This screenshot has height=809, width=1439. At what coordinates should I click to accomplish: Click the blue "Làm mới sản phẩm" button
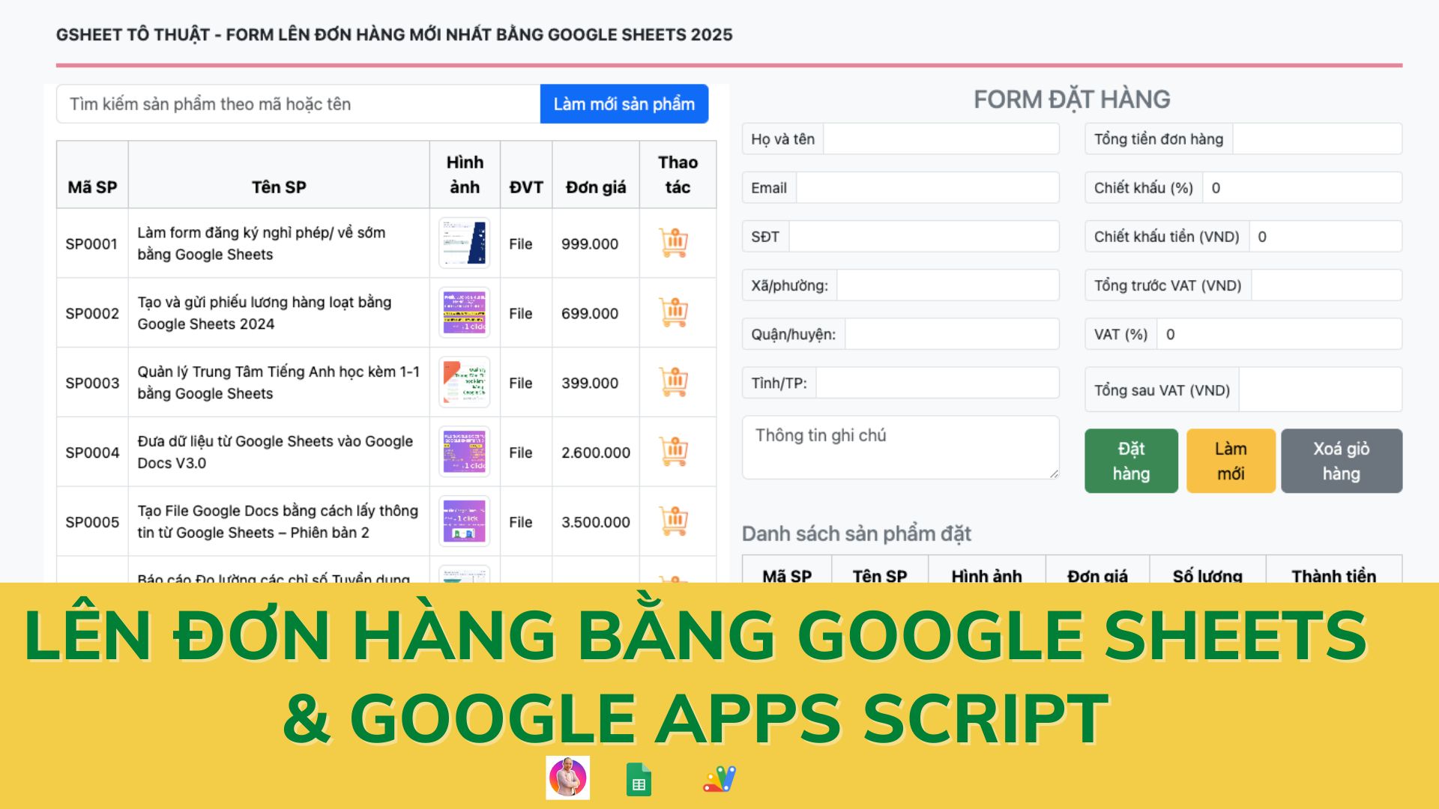(x=624, y=104)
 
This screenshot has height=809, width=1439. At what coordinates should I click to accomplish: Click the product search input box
(x=298, y=104)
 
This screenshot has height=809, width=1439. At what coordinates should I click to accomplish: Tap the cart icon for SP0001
(x=674, y=243)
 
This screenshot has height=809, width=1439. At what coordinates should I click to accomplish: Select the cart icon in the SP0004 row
(x=674, y=452)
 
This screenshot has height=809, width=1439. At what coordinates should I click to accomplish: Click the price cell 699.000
(x=590, y=313)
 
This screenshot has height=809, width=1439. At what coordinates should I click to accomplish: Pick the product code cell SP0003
(x=92, y=383)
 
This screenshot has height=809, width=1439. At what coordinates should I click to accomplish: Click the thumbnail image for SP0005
(x=465, y=521)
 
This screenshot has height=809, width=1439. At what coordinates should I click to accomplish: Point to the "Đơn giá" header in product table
(x=596, y=187)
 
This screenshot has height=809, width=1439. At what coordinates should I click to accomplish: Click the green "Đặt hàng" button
(x=1131, y=461)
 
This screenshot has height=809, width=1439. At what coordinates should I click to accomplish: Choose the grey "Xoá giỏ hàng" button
(x=1341, y=461)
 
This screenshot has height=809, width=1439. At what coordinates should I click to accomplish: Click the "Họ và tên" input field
(x=941, y=139)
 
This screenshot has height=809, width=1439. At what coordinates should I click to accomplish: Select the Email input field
(x=927, y=188)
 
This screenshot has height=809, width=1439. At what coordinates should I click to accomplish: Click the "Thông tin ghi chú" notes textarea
(x=900, y=447)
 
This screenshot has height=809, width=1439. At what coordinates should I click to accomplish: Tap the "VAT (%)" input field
(x=1279, y=334)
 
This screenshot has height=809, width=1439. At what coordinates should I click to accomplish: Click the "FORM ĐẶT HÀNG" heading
(x=1072, y=100)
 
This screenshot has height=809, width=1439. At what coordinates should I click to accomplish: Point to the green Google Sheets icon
(x=639, y=779)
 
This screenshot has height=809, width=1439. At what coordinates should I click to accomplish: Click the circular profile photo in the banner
(x=568, y=778)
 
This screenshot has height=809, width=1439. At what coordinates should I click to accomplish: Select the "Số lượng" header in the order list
(x=1207, y=575)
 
